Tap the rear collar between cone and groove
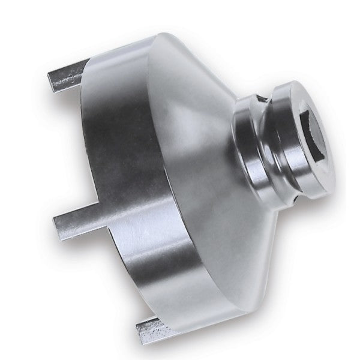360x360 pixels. click(246, 144)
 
